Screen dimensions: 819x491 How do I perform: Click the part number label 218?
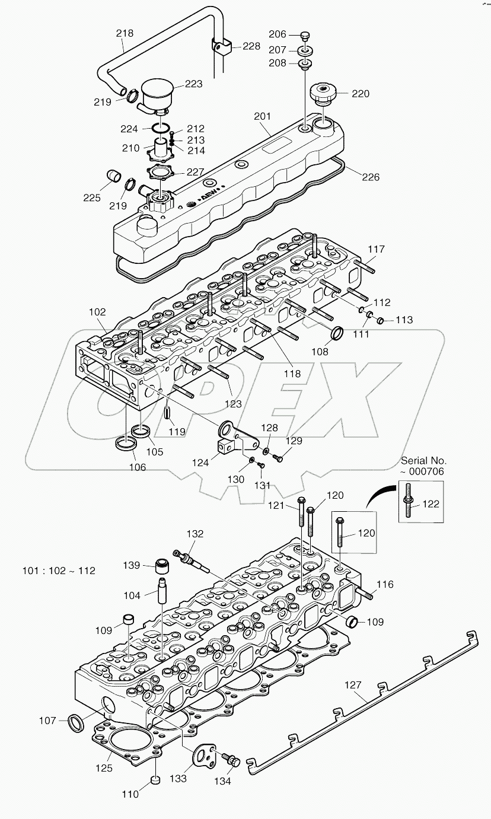(x=125, y=34)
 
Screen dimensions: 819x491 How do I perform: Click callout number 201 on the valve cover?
(x=262, y=116)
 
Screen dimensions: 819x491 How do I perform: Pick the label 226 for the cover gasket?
(x=371, y=177)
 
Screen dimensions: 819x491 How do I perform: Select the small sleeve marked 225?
(x=114, y=176)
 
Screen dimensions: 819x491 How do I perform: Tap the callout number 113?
(x=404, y=321)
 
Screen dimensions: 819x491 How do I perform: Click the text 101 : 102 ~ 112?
(x=59, y=571)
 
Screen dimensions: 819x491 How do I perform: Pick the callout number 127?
(x=353, y=686)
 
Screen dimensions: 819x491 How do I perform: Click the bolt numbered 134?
(x=228, y=759)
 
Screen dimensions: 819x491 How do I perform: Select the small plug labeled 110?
(x=154, y=779)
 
